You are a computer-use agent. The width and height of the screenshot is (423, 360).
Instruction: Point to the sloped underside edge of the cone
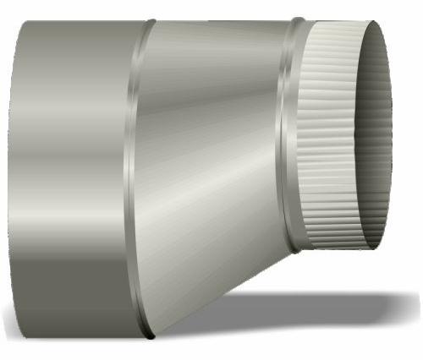point(220,292)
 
